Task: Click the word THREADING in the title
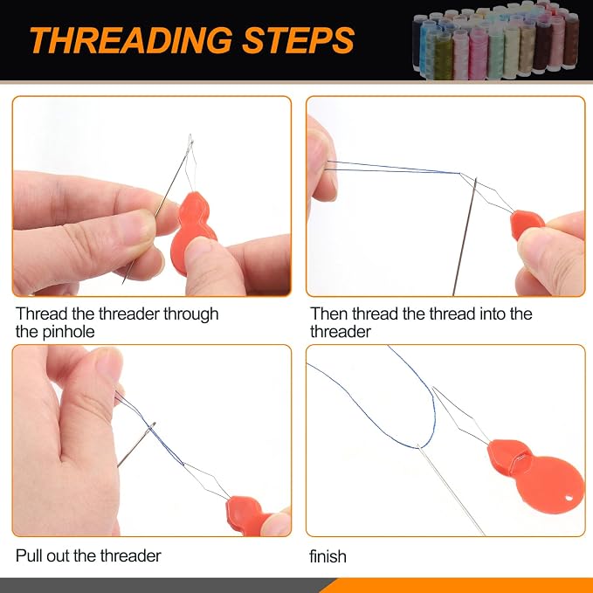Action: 131,40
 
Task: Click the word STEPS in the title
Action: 299,40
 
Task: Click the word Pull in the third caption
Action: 29,555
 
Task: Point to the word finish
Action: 328,556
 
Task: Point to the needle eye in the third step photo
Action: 151,427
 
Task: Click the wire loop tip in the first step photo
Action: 190,137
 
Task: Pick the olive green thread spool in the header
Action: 443,57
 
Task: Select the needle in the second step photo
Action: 465,237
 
